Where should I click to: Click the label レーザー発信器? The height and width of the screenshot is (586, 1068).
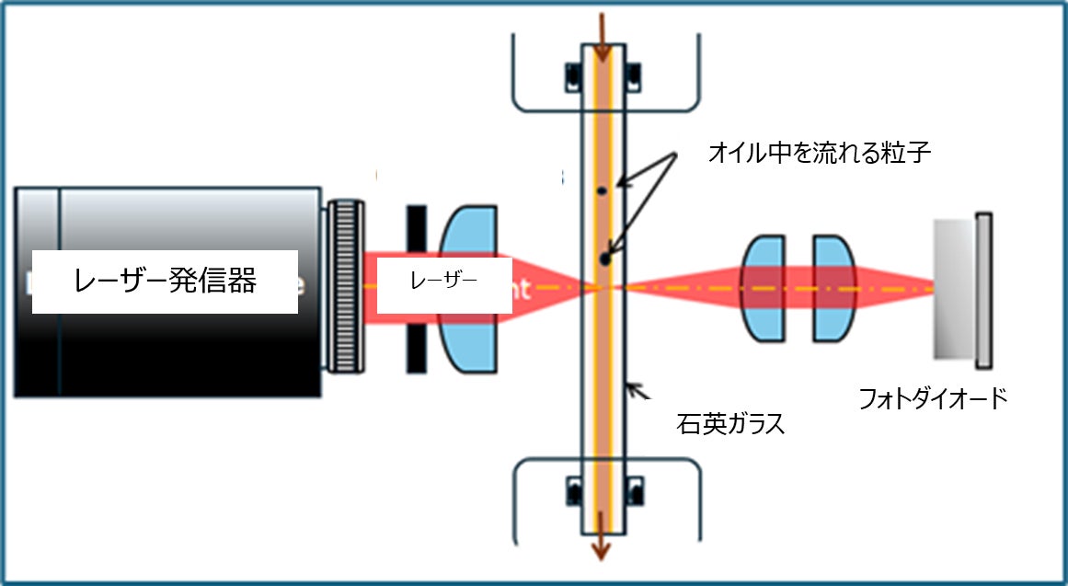click(x=166, y=282)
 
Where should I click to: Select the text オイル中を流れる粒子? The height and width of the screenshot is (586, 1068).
click(x=820, y=153)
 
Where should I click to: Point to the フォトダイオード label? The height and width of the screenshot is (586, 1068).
click(x=933, y=398)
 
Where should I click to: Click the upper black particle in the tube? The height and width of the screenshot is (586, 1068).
click(x=600, y=190)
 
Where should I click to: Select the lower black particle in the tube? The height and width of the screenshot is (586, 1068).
click(x=604, y=260)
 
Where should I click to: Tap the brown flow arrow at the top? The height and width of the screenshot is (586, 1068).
click(x=602, y=37)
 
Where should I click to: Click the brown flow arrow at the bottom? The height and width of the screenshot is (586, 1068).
click(x=602, y=543)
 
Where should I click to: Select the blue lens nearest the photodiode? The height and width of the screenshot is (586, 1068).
click(x=833, y=288)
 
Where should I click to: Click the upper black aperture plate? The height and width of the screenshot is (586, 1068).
click(x=417, y=229)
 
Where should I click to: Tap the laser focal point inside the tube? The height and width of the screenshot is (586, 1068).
click(x=603, y=287)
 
